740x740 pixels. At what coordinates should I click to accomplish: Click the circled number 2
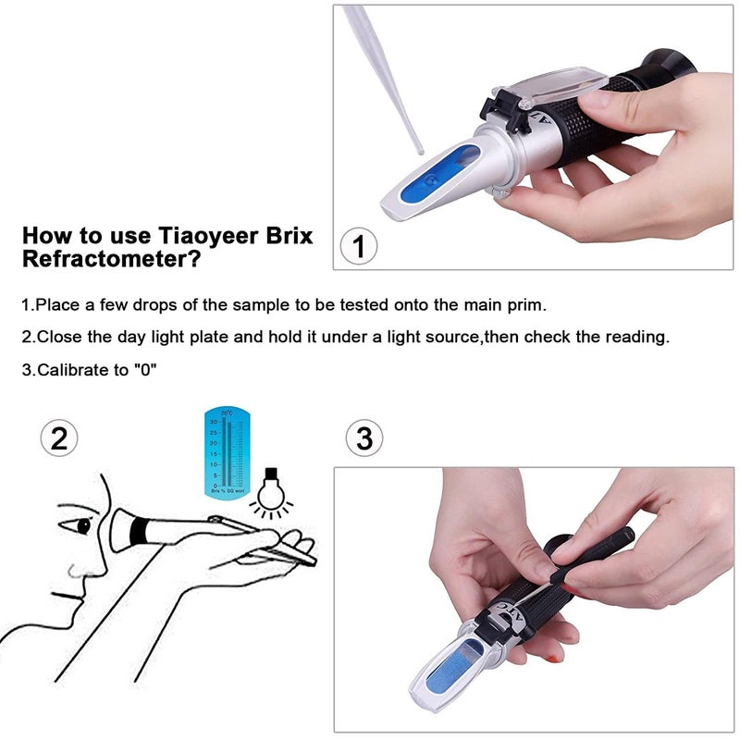click(59, 438)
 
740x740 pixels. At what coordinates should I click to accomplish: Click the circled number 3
click(364, 438)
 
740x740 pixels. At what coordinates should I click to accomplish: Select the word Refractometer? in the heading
click(111, 260)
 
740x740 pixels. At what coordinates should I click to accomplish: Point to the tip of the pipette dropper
click(418, 149)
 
